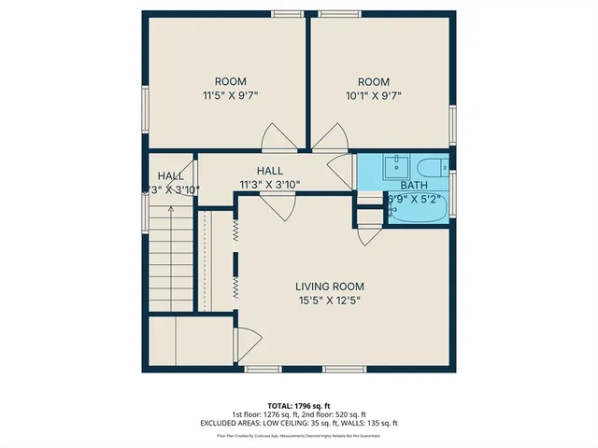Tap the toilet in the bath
(x=431, y=169)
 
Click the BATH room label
(x=413, y=185)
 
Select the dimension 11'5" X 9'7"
(x=230, y=95)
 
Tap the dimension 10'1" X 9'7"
(x=378, y=95)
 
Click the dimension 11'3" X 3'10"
(x=269, y=184)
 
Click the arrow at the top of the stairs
(x=170, y=211)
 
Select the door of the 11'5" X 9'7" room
(x=278, y=139)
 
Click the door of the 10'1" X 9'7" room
(x=326, y=139)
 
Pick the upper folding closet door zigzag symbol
(x=236, y=227)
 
